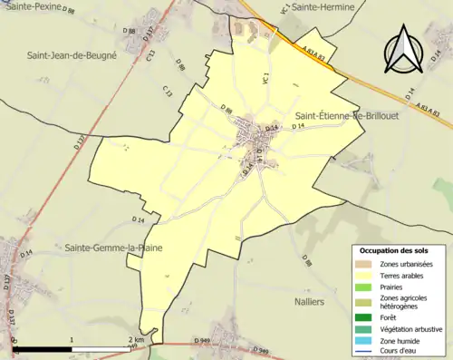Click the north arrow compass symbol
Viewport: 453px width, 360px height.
[402, 50]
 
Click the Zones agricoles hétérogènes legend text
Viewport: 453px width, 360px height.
[404, 302]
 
